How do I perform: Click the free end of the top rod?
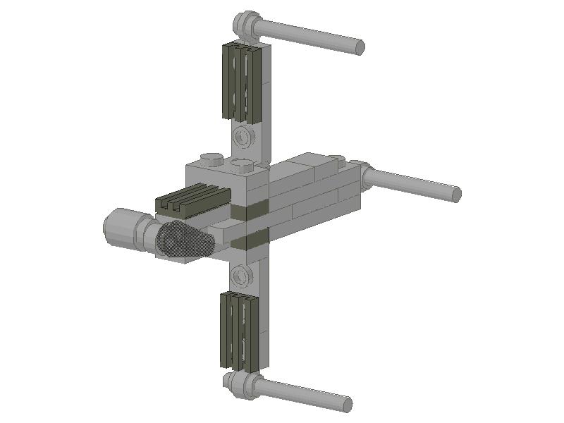[357, 47]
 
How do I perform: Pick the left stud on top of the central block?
[211, 159]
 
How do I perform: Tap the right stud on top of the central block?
[243, 166]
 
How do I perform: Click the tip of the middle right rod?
[455, 194]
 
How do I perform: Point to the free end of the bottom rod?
[345, 403]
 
